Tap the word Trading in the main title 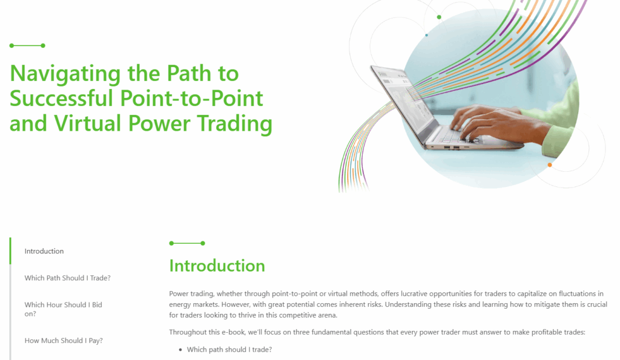[x=234, y=123]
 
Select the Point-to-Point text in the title [x=192, y=98]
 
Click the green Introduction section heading [x=217, y=266]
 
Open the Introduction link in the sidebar [x=44, y=251]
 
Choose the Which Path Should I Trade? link [x=68, y=278]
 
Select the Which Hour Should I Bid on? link [x=63, y=309]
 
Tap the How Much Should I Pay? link [x=64, y=340]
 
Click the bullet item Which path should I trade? [x=229, y=349]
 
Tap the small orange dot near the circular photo [x=550, y=165]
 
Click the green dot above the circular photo [x=439, y=17]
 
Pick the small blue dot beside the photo [x=426, y=35]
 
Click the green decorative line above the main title [x=27, y=45]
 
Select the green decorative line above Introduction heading [x=187, y=243]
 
